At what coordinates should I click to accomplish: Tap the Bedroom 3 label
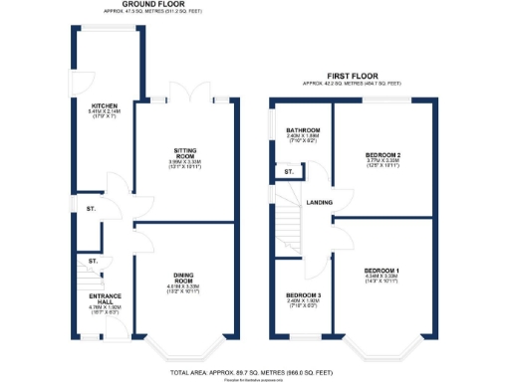pyautogui.click(x=303, y=295)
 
